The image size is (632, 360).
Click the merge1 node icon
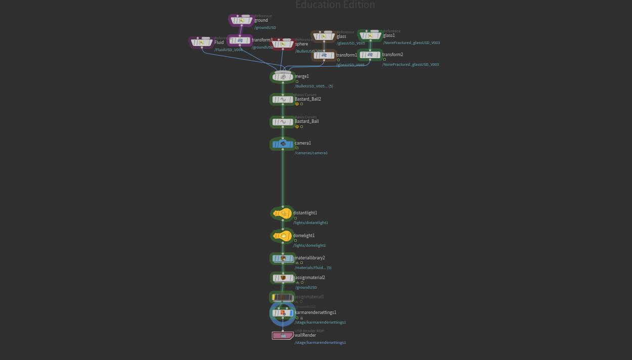click(x=283, y=77)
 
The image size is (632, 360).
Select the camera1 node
click(x=283, y=144)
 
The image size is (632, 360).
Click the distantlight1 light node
click(x=282, y=213)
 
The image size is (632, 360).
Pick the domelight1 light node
click(x=282, y=236)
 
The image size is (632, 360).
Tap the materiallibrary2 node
click(x=283, y=258)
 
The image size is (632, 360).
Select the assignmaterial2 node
click(x=283, y=278)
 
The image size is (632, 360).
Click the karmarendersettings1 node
click(x=283, y=313)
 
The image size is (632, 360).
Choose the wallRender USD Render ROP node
click(x=283, y=335)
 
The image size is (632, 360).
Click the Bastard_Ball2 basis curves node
click(x=283, y=99)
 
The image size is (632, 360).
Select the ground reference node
click(x=241, y=21)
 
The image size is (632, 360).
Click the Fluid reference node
click(x=201, y=42)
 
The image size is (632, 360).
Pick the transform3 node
click(x=240, y=40)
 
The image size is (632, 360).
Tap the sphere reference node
click(x=283, y=44)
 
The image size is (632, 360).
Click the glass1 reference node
click(x=370, y=35)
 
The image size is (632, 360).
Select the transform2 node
click(x=370, y=55)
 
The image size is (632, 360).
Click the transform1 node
click(x=324, y=55)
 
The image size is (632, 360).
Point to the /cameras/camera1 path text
click(x=311, y=153)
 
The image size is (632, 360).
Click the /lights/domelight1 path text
click(x=309, y=245)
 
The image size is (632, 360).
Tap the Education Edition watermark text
click(x=335, y=5)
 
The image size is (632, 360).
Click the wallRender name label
click(x=305, y=335)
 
